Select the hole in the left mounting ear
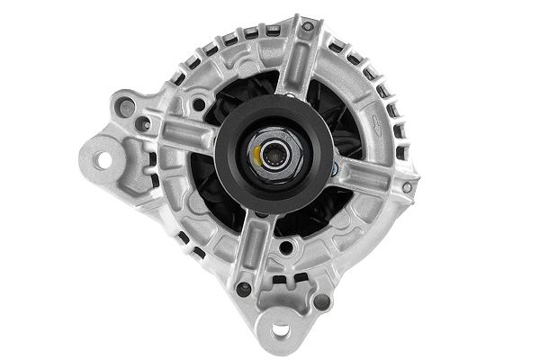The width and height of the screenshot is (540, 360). coord(103,160)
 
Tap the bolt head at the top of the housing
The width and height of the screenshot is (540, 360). coord(307,28)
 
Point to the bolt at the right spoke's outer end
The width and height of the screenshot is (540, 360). coord(406,187)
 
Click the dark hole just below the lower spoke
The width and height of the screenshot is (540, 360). coord(286,247)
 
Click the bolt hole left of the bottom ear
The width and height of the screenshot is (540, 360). coord(243,289)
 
